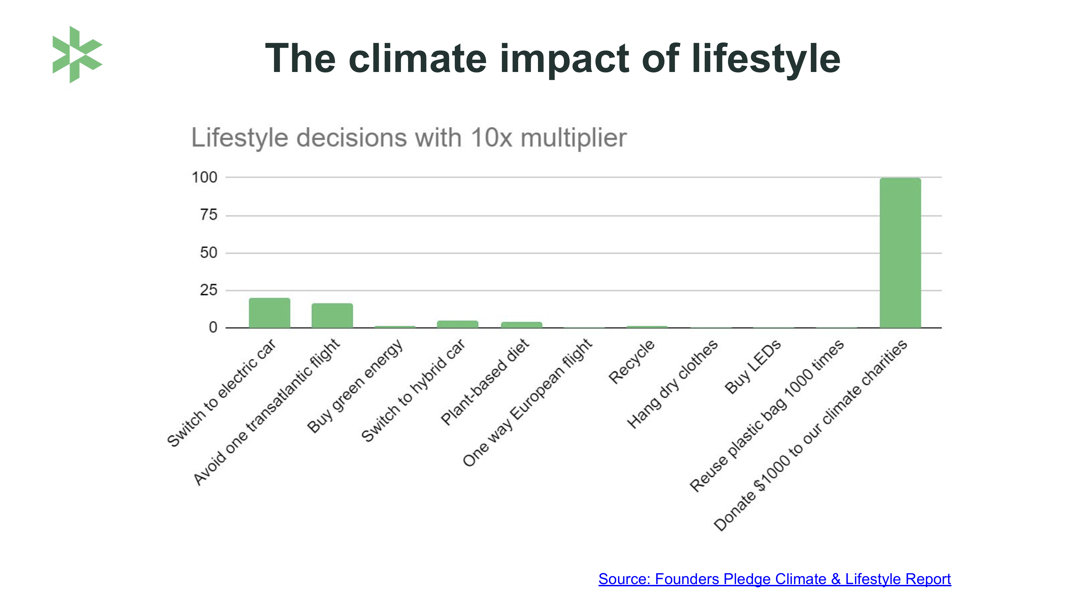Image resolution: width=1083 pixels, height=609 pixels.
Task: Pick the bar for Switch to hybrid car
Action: pos(457,324)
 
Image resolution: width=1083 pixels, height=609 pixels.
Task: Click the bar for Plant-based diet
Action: pos(521,325)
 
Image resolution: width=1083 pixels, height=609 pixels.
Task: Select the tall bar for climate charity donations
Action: pos(900,252)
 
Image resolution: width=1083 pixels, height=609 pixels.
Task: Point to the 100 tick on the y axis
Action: pos(205,177)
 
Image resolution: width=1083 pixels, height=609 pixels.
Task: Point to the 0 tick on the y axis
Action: pos(213,328)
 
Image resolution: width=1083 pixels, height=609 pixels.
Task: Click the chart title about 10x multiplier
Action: pos(409,137)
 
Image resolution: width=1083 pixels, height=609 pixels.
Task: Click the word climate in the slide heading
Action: pos(417,58)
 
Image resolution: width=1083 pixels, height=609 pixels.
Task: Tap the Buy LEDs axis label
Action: pos(753,366)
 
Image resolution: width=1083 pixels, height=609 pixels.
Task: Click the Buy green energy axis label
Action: pos(355,386)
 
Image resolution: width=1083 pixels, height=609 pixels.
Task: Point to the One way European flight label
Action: pos(528,403)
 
